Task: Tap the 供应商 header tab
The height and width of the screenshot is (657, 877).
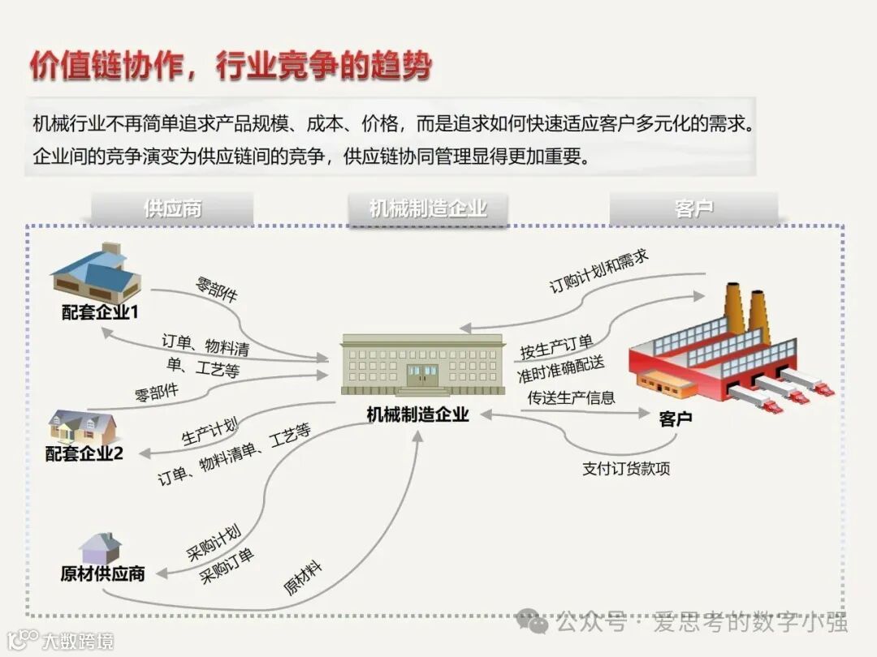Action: click(172, 208)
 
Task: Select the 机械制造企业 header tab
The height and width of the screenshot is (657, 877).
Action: click(428, 208)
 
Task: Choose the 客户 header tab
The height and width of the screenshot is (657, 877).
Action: click(693, 208)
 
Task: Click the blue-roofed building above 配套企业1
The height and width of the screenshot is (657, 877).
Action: click(97, 273)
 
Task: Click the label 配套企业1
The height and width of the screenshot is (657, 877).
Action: click(101, 312)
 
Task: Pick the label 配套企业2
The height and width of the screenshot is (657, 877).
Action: click(84, 453)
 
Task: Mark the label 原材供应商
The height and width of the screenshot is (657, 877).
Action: click(103, 573)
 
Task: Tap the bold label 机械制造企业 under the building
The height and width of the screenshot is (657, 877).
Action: click(417, 414)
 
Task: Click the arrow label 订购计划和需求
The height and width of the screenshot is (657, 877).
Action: click(599, 273)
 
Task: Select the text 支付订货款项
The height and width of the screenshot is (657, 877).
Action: click(626, 469)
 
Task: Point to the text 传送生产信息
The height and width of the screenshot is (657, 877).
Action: click(571, 397)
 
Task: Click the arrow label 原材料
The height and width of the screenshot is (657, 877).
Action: click(302, 578)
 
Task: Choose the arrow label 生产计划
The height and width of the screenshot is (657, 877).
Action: click(210, 432)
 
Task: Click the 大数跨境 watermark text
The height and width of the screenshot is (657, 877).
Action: click(77, 641)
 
